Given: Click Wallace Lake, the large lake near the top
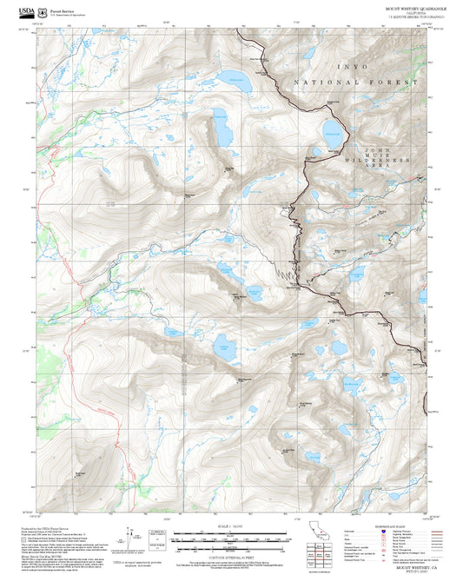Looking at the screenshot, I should [236, 83].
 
